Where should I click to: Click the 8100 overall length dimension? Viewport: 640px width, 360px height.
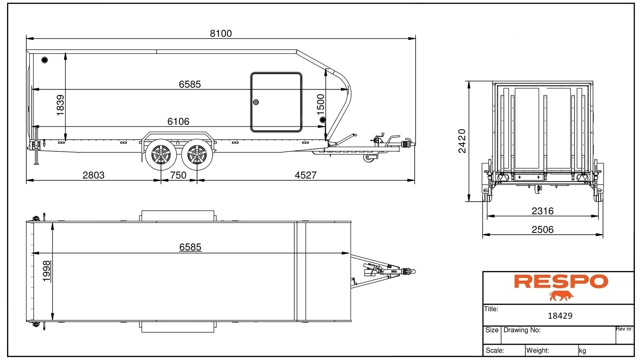tap(221, 33)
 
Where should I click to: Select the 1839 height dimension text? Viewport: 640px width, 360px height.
tap(60, 105)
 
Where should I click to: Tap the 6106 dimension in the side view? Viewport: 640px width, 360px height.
tap(178, 121)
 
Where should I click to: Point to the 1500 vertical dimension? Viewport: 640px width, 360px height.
tap(320, 104)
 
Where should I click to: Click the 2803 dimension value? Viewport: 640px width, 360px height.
tap(93, 175)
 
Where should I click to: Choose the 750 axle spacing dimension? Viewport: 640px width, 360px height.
tap(178, 175)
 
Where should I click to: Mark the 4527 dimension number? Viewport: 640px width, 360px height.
tap(305, 175)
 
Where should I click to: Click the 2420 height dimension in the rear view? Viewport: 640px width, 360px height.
tap(462, 141)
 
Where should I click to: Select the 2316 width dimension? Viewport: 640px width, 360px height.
tap(542, 211)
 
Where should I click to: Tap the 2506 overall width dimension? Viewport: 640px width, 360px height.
tap(542, 230)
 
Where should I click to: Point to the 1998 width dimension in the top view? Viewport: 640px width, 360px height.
tap(47, 271)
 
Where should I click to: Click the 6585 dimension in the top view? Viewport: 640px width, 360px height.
tap(190, 247)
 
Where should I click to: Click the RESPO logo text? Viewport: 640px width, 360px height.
tap(561, 281)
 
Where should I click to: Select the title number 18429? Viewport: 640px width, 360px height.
tap(560, 316)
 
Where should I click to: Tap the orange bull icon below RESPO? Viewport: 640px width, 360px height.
tap(561, 296)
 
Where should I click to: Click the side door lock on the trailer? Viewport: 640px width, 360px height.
tap(256, 102)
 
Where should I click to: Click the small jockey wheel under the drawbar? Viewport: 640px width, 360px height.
tap(368, 158)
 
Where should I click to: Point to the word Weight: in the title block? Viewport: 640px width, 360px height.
tap(538, 350)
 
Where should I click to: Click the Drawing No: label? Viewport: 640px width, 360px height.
tap(522, 330)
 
